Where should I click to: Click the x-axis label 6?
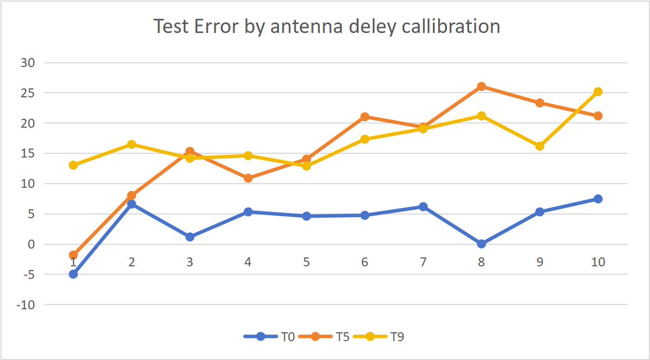click(x=365, y=262)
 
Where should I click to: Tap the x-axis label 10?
click(x=598, y=262)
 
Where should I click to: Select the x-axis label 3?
click(x=190, y=262)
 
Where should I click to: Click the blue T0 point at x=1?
click(x=73, y=274)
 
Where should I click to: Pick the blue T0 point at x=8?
click(x=482, y=244)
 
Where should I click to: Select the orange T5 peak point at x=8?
click(x=482, y=87)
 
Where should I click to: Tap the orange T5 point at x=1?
click(x=73, y=255)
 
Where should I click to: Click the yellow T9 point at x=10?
click(x=598, y=92)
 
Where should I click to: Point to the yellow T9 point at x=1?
click(x=73, y=165)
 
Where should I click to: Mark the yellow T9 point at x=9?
click(x=539, y=146)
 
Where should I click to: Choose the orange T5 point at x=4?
click(x=248, y=178)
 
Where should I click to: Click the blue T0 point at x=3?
click(x=190, y=237)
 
